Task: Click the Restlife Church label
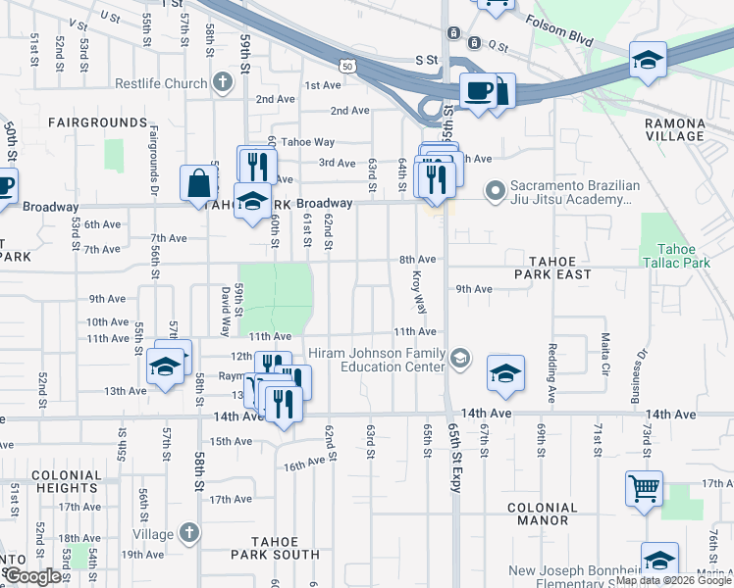tap(161, 83)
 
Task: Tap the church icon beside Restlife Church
tap(225, 82)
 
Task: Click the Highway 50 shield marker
tap(349, 64)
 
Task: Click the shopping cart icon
tap(644, 487)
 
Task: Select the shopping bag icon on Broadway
tap(199, 182)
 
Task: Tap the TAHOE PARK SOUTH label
tap(269, 547)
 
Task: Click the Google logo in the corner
tap(32, 576)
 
